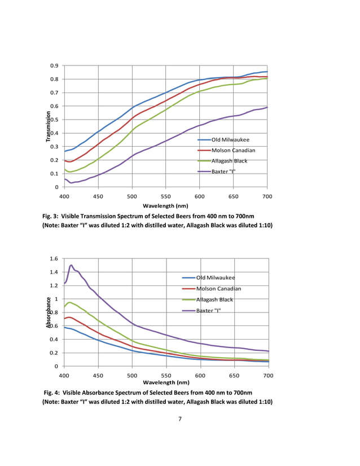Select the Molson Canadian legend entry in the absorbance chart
(x=225, y=288)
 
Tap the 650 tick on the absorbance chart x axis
(x=234, y=375)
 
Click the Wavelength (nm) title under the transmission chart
(x=165, y=206)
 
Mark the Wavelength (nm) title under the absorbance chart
(x=165, y=383)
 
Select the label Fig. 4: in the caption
(x=55, y=393)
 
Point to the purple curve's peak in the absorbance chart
(x=71, y=265)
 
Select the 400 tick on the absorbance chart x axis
(x=64, y=375)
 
